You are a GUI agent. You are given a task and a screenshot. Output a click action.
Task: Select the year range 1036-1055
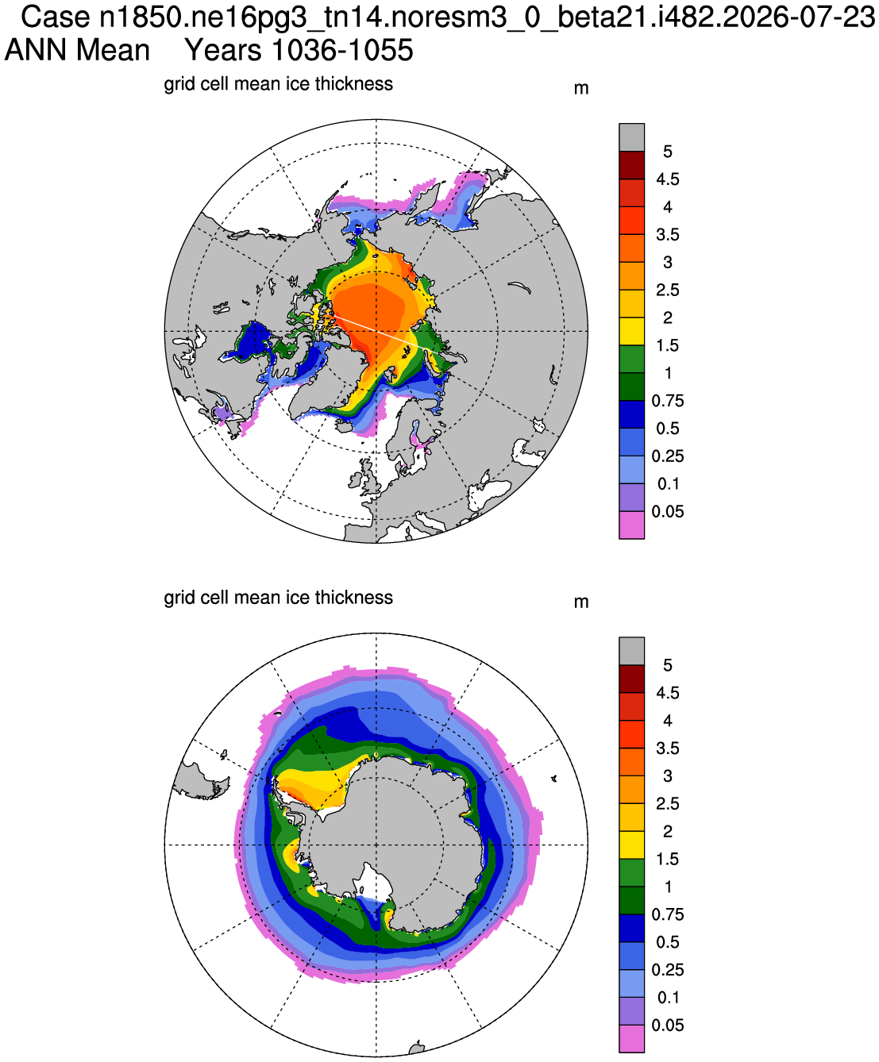[342, 50]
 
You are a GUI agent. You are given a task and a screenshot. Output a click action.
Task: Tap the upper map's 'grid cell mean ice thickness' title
[278, 84]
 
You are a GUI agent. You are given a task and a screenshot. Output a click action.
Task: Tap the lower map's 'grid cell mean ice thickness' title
[278, 598]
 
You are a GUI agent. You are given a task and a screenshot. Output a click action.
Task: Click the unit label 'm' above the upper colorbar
[580, 89]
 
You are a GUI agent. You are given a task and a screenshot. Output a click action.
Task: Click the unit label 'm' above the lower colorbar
[580, 602]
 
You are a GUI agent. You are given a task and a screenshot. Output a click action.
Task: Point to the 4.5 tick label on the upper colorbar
[667, 179]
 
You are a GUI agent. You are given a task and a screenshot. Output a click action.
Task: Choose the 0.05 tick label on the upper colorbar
[667, 511]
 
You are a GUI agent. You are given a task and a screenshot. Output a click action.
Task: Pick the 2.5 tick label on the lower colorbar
[667, 803]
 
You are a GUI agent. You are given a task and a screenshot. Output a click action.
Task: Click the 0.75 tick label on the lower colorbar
[667, 914]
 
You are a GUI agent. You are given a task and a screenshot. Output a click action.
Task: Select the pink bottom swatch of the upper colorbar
[631, 525]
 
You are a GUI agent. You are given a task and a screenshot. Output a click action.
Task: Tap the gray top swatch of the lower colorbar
[631, 651]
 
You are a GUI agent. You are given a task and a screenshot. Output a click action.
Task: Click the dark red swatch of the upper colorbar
[631, 165]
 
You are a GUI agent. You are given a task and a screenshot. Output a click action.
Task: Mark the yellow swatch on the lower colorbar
[631, 845]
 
